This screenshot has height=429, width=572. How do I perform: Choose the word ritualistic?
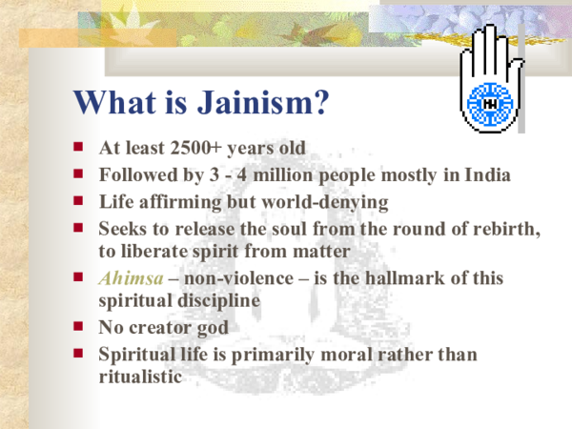(139, 377)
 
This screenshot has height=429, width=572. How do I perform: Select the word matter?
(324, 251)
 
